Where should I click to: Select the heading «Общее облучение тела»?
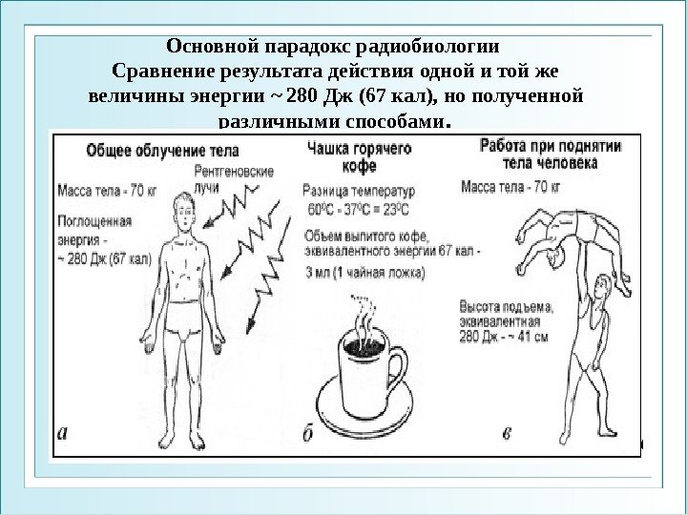pyautogui.click(x=163, y=151)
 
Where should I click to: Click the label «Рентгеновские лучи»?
pyautogui.click(x=233, y=181)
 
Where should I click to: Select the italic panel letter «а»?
pyautogui.click(x=63, y=432)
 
